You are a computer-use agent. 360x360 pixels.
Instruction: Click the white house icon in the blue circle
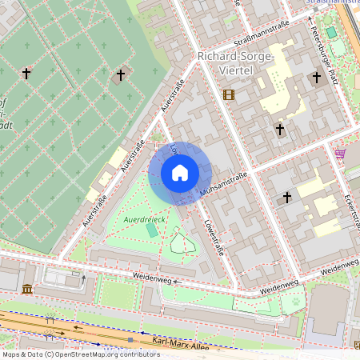pyautogui.click(x=180, y=173)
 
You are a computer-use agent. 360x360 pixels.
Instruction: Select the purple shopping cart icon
pyautogui.click(x=341, y=153)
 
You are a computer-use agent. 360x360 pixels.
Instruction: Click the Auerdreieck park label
pyautogui.click(x=145, y=218)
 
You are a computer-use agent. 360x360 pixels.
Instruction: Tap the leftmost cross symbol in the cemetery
pyautogui.click(x=26, y=74)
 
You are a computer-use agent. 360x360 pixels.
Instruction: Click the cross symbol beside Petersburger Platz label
pyautogui.click(x=317, y=78)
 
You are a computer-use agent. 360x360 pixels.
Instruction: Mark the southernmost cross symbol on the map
pyautogui.click(x=287, y=197)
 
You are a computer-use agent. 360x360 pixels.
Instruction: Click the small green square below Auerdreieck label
pyautogui.click(x=152, y=230)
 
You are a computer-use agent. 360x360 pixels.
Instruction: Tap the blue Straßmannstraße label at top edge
pyautogui.click(x=332, y=3)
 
